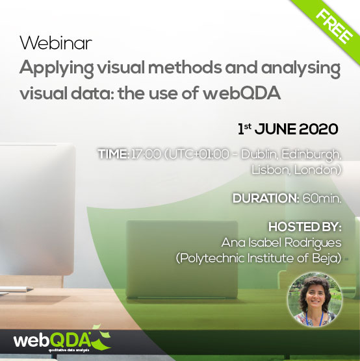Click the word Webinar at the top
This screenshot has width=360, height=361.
[x=56, y=43]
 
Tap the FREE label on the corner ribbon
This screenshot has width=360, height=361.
[x=334, y=27]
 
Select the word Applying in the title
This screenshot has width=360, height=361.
[x=57, y=69]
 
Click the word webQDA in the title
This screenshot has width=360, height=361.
[x=242, y=93]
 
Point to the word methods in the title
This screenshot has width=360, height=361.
[x=185, y=68]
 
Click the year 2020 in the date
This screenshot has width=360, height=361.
[x=318, y=129]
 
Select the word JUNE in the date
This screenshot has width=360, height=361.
[x=276, y=129]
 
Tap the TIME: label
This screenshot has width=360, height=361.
[x=113, y=154]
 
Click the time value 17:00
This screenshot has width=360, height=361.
[x=146, y=154]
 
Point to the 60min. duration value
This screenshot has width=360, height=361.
[x=322, y=198]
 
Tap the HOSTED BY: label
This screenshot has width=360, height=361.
[x=305, y=227]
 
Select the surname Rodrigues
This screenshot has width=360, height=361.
[x=313, y=243]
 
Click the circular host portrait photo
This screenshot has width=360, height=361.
[x=315, y=299]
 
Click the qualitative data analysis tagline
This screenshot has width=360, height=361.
[x=69, y=351]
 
